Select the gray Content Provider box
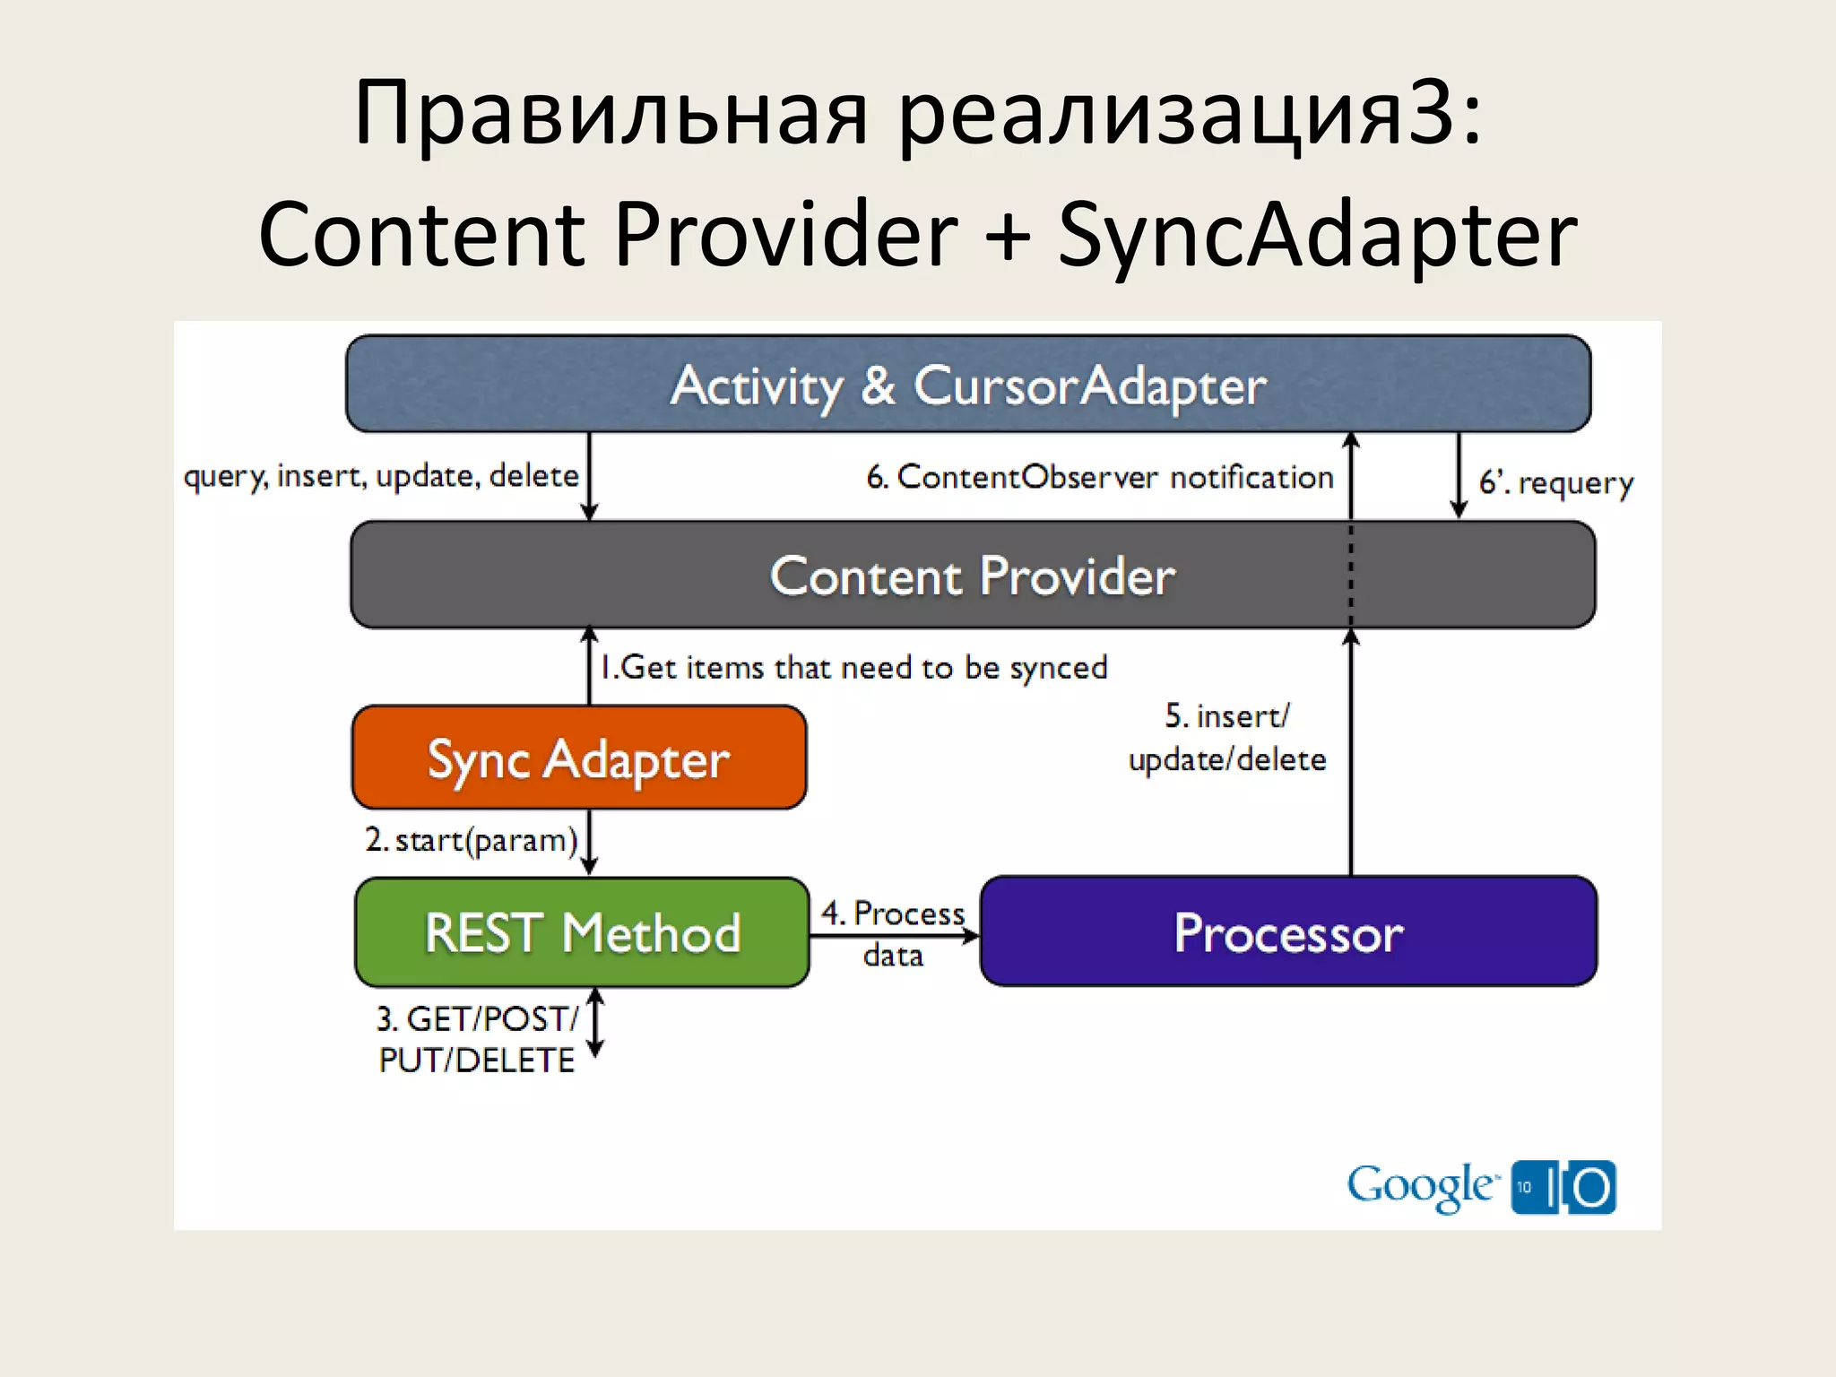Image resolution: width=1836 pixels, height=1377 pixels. coord(973,575)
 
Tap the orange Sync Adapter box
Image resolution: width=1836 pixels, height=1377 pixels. coord(579,758)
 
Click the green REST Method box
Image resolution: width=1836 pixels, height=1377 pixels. coord(583,932)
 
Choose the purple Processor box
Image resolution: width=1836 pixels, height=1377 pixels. coord(1288,932)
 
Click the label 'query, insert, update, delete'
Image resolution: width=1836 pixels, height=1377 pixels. coord(381,475)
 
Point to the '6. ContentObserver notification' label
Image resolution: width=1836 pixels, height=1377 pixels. coord(1100,477)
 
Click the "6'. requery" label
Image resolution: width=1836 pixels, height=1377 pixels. coord(1555,482)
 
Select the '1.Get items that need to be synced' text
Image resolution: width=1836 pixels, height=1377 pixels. coord(853,667)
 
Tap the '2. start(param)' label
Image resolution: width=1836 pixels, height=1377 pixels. coord(472,840)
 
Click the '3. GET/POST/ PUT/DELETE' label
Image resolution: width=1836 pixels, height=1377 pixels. coord(477,1039)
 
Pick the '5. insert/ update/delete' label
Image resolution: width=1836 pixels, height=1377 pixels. coord(1226,738)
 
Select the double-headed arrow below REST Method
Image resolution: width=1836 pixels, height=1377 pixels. coord(596,1022)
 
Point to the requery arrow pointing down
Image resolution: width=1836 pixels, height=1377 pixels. coord(1459,475)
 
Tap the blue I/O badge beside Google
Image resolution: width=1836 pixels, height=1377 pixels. coord(1563,1187)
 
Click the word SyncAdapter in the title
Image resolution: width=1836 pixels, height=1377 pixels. coord(1318,235)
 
